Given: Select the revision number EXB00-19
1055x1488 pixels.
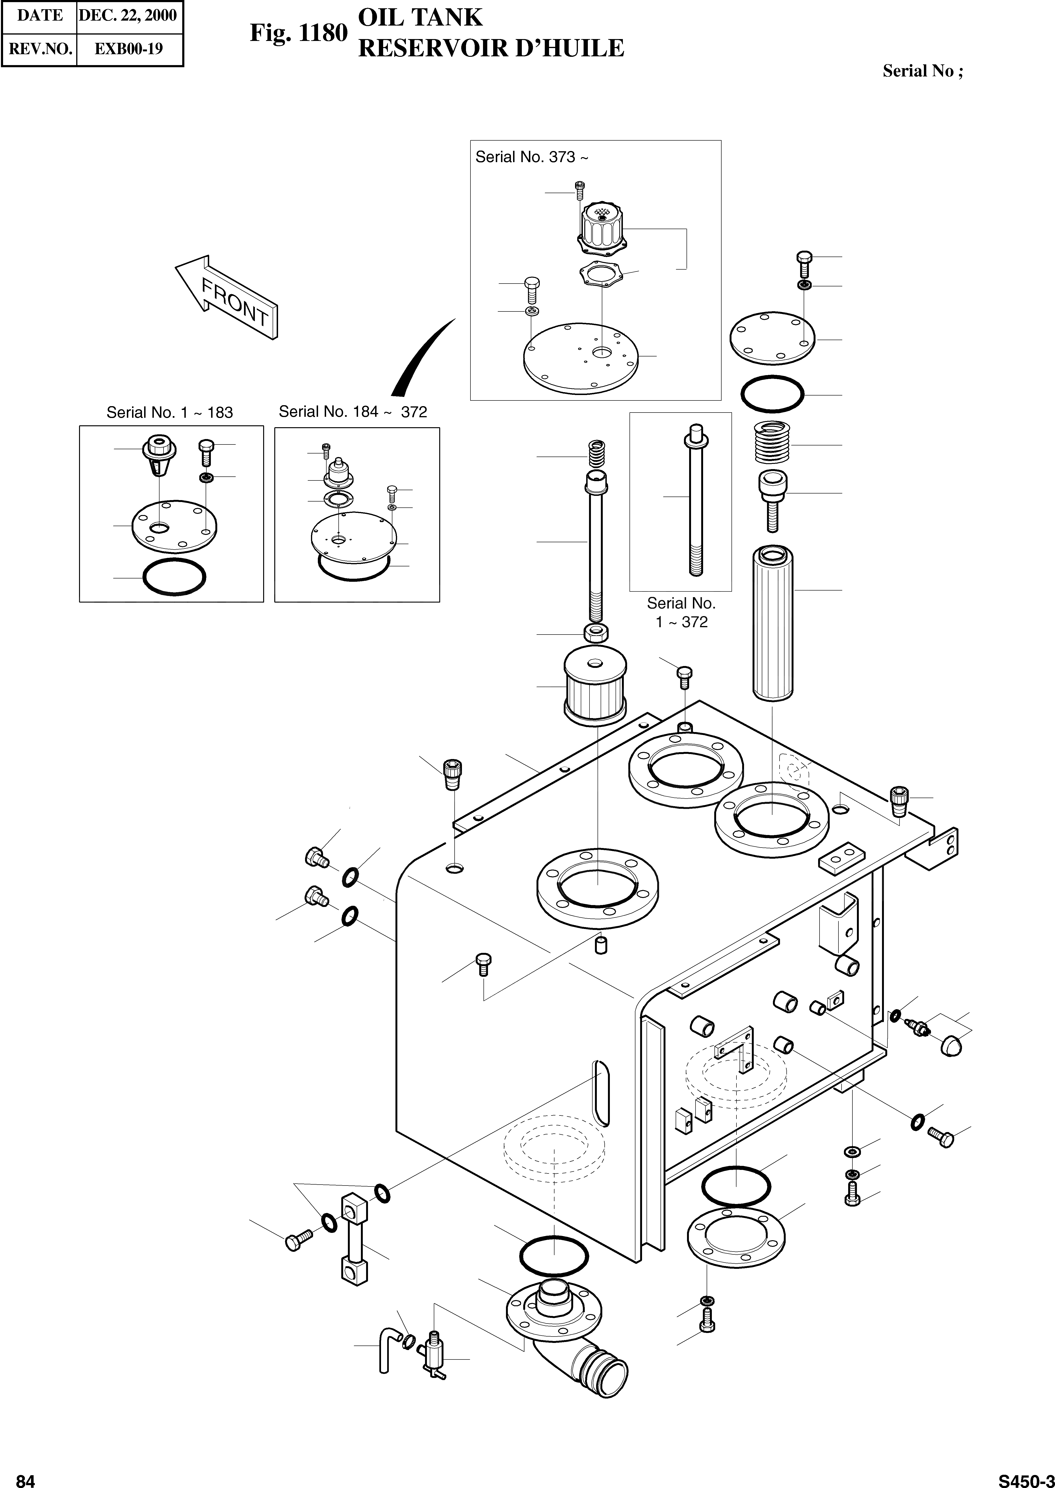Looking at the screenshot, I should (129, 49).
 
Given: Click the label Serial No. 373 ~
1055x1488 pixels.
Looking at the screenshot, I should (531, 157).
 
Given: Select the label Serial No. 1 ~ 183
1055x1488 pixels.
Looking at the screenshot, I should (169, 413).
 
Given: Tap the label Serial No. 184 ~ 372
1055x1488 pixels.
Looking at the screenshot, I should (353, 412).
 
